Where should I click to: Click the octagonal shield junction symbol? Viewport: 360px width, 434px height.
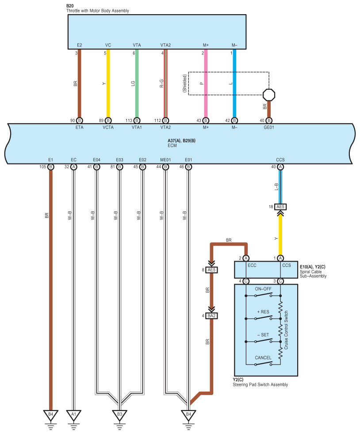(x=268, y=95)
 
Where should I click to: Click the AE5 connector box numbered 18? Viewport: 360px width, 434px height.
(x=280, y=207)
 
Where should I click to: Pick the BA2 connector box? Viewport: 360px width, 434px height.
(x=211, y=316)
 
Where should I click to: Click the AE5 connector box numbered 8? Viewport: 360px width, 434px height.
(x=211, y=270)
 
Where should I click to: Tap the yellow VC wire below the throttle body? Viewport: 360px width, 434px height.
(x=108, y=84)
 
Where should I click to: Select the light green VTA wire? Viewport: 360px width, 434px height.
(x=137, y=84)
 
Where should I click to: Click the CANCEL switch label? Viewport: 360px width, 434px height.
(x=263, y=358)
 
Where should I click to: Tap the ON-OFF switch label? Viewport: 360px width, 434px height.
(x=263, y=289)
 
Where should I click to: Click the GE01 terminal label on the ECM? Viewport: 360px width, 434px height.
(x=268, y=127)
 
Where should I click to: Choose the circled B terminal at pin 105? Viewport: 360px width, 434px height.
(x=51, y=167)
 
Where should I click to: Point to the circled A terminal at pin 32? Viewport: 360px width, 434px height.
(x=74, y=167)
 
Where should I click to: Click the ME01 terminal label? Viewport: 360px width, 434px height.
(x=165, y=160)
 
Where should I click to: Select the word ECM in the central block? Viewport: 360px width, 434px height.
(x=172, y=145)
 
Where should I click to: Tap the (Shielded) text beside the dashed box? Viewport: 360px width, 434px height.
(x=184, y=83)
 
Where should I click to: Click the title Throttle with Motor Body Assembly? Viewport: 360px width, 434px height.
(x=97, y=11)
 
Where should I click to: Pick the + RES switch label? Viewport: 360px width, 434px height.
(x=263, y=312)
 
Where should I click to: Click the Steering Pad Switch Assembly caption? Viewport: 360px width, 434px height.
(x=260, y=385)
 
